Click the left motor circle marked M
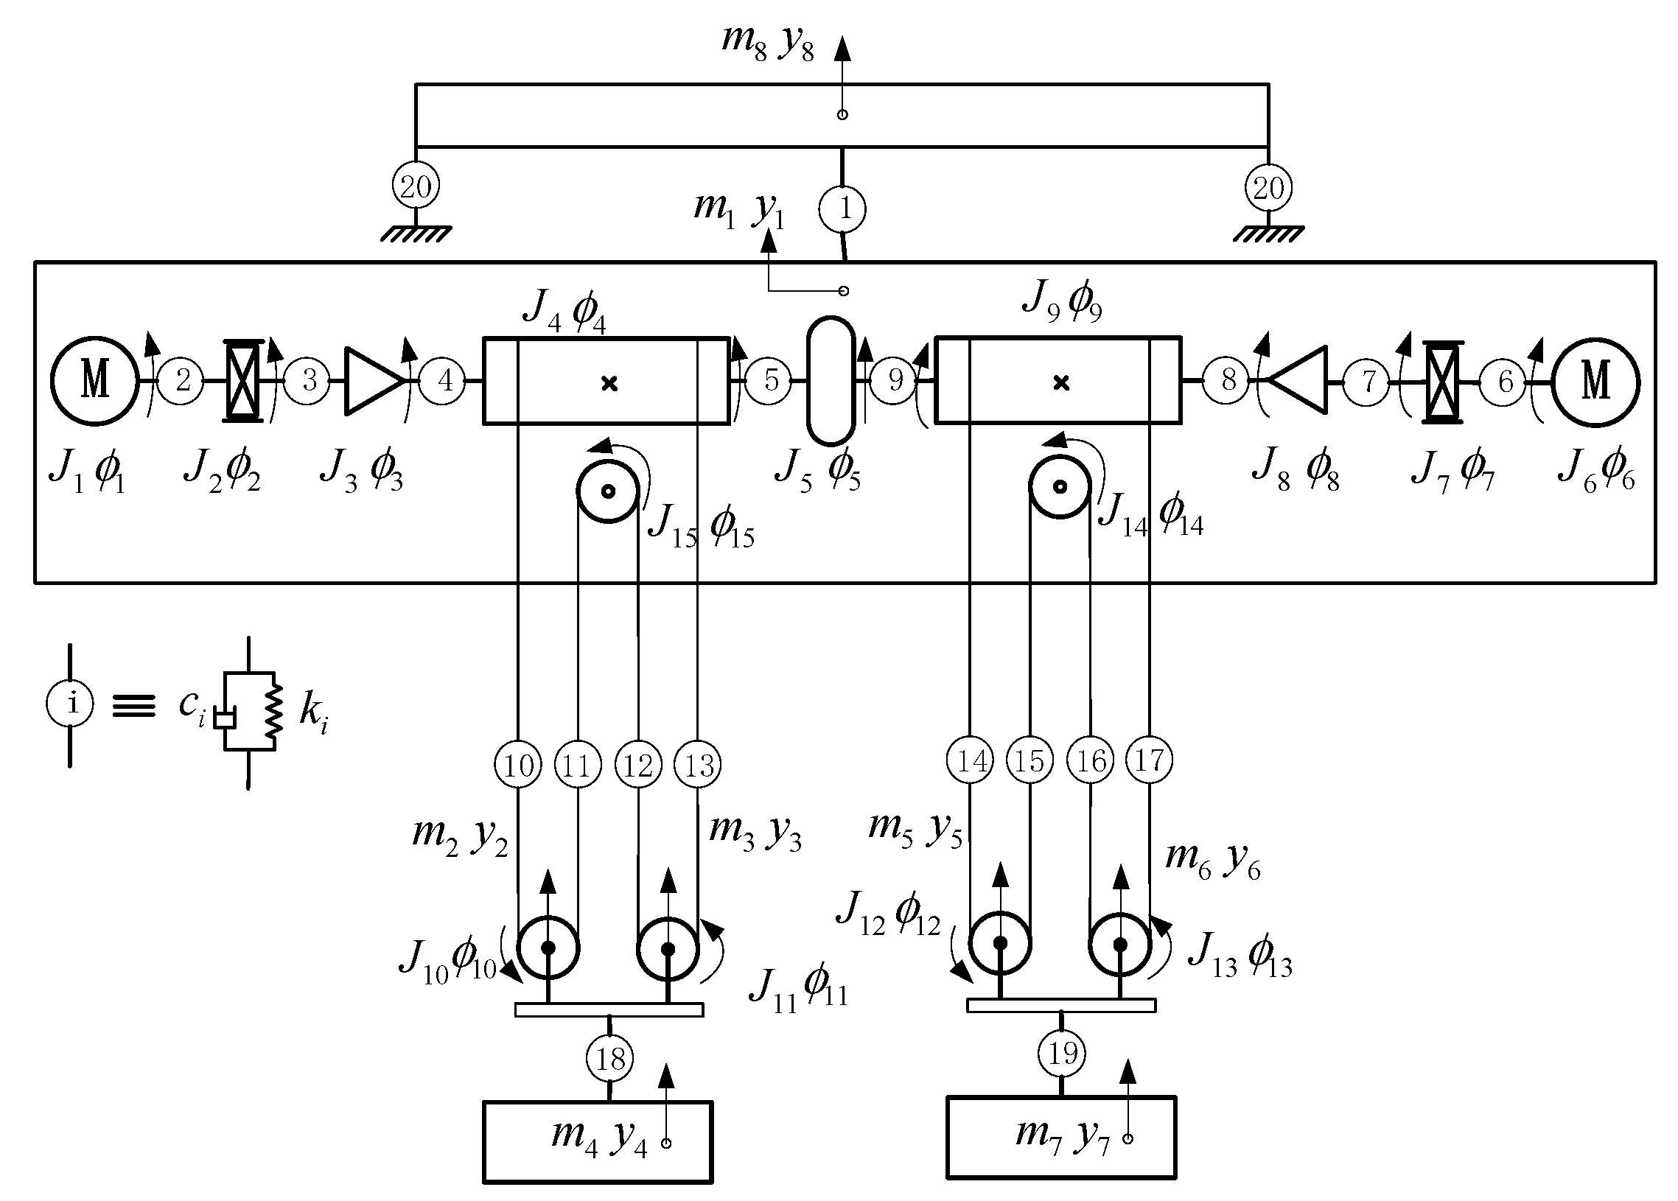point(94,381)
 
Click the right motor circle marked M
point(1595,382)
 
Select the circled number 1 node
point(842,209)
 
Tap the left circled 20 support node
point(416,186)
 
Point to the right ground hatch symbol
point(1268,234)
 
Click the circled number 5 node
point(770,381)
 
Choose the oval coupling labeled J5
point(831,381)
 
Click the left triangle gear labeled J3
point(372,380)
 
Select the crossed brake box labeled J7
point(1442,382)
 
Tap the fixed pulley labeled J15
point(607,491)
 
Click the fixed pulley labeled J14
point(1060,487)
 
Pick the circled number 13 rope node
point(699,765)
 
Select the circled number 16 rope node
point(1091,760)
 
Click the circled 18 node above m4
point(610,1059)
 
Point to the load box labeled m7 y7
point(1060,1137)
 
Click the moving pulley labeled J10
point(548,948)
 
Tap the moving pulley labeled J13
point(1119,945)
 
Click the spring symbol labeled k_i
point(274,711)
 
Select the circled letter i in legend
point(70,704)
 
